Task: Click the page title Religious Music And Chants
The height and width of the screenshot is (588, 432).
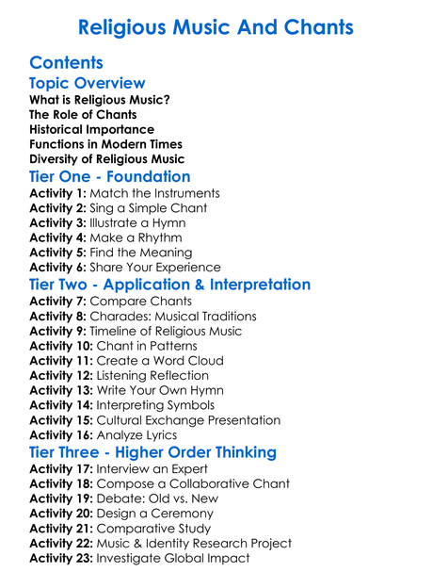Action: pos(216,27)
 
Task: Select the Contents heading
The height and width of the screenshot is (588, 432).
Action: pos(66,63)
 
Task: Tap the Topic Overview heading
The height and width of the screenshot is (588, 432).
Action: pos(88,84)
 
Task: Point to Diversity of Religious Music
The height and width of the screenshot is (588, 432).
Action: pos(106,159)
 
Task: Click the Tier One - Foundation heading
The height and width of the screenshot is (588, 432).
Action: pos(109,177)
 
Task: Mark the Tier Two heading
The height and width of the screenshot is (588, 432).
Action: pos(169,285)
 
